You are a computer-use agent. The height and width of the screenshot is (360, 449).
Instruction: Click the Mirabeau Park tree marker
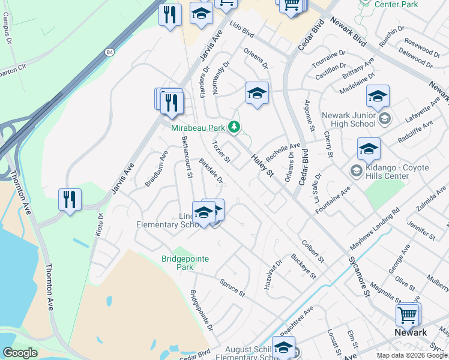click(x=234, y=127)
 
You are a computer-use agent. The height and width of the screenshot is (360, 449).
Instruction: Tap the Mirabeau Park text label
click(x=197, y=127)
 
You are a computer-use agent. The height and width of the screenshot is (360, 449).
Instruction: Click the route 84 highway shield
click(x=109, y=52)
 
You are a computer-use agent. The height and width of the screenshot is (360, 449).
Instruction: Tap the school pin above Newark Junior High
click(x=378, y=97)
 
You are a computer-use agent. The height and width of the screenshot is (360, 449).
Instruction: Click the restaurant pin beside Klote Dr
click(x=70, y=199)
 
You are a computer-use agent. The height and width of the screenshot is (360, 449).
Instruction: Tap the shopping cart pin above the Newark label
click(x=408, y=314)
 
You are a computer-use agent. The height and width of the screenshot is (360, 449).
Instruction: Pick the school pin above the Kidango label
click(x=369, y=149)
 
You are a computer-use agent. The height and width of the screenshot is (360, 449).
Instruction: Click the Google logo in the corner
click(x=20, y=353)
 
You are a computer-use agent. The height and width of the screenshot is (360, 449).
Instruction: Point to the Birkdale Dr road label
click(x=211, y=172)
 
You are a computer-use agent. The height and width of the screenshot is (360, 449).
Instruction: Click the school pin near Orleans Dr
click(x=257, y=94)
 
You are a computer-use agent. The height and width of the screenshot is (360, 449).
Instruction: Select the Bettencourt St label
click(x=186, y=157)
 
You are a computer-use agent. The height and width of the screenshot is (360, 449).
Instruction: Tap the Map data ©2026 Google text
click(x=412, y=355)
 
